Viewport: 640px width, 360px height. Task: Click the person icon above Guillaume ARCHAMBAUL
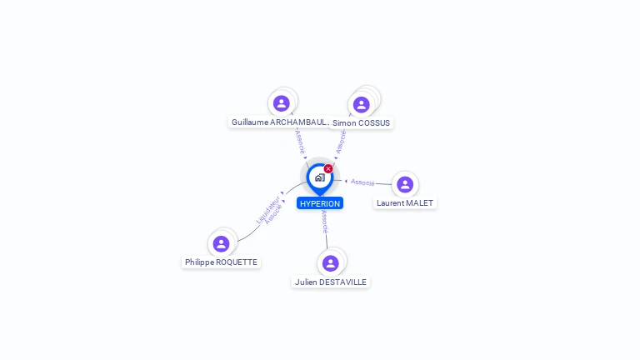click(x=282, y=103)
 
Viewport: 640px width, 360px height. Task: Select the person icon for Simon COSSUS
click(x=361, y=104)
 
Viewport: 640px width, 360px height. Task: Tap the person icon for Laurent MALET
click(x=405, y=184)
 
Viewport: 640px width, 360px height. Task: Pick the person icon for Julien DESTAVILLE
click(x=331, y=263)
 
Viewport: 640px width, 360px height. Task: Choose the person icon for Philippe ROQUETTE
click(x=221, y=243)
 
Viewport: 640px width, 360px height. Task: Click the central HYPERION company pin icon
click(x=319, y=177)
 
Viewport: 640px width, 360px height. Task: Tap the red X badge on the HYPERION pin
click(x=328, y=168)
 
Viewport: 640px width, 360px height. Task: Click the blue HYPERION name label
click(x=320, y=203)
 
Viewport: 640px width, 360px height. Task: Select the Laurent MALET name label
click(x=405, y=202)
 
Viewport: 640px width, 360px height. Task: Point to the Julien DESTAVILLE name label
click(x=331, y=282)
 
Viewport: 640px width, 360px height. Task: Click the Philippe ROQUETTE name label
click(x=221, y=262)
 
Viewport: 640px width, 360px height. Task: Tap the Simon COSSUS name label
click(x=361, y=122)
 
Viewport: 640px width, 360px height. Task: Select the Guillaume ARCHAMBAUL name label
click(x=281, y=122)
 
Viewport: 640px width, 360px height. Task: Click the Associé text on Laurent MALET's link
click(x=362, y=182)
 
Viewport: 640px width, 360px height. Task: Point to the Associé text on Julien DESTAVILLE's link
click(x=324, y=222)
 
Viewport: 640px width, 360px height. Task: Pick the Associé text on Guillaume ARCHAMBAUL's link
click(x=300, y=140)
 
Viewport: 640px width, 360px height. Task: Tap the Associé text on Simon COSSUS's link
click(x=341, y=141)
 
